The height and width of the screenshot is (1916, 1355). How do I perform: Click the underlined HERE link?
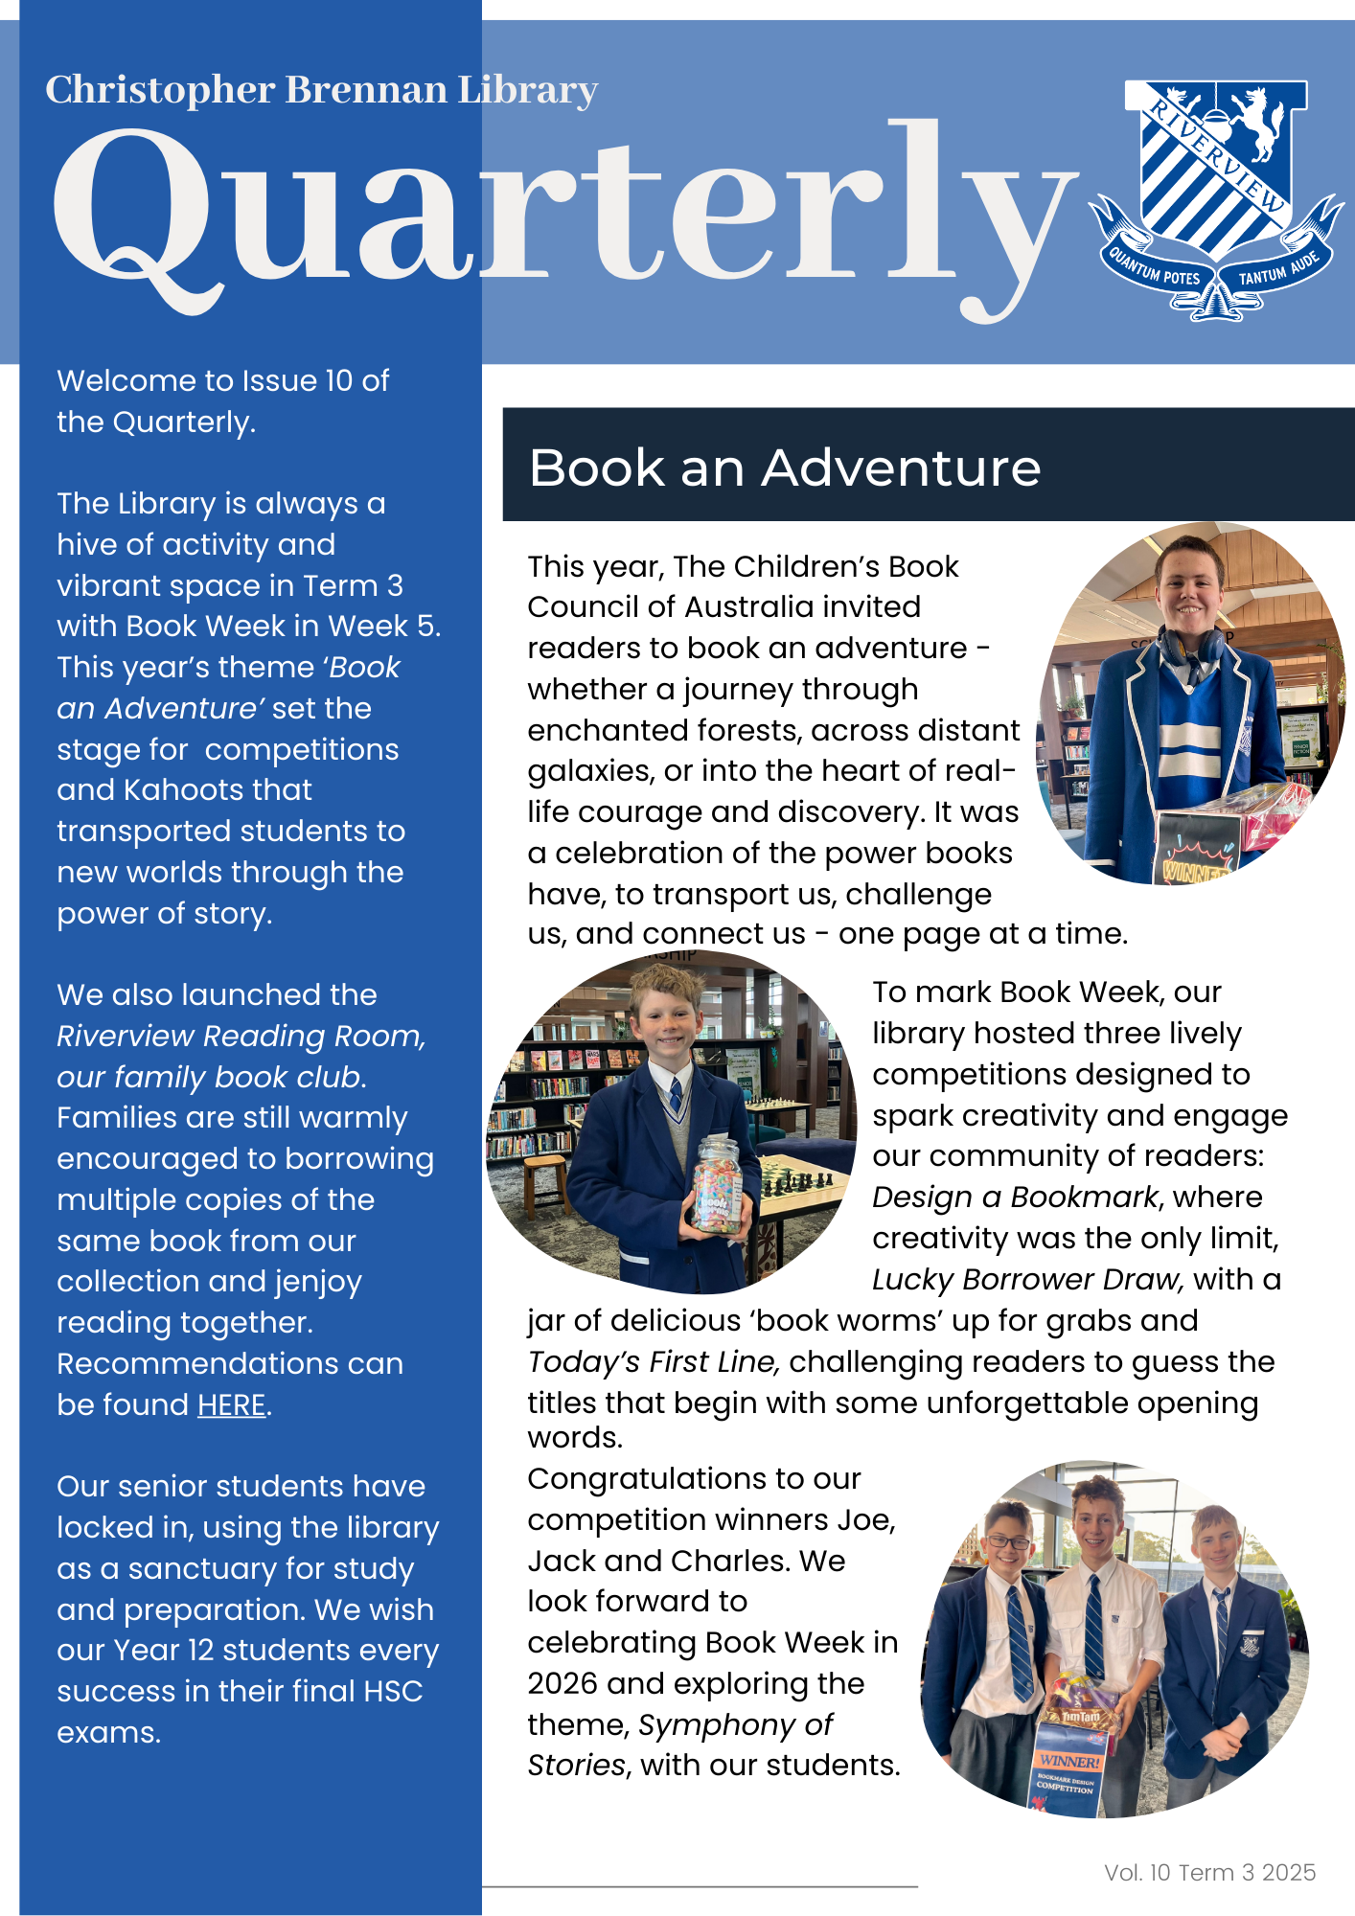(x=231, y=1404)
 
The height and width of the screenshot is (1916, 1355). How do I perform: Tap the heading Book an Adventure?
(x=784, y=468)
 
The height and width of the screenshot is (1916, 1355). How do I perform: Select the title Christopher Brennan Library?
(x=321, y=90)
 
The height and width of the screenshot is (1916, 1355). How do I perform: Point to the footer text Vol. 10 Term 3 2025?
(x=1209, y=1872)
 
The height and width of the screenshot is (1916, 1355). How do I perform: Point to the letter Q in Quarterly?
(x=134, y=216)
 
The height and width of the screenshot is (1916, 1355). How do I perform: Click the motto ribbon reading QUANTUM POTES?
(x=1154, y=267)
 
